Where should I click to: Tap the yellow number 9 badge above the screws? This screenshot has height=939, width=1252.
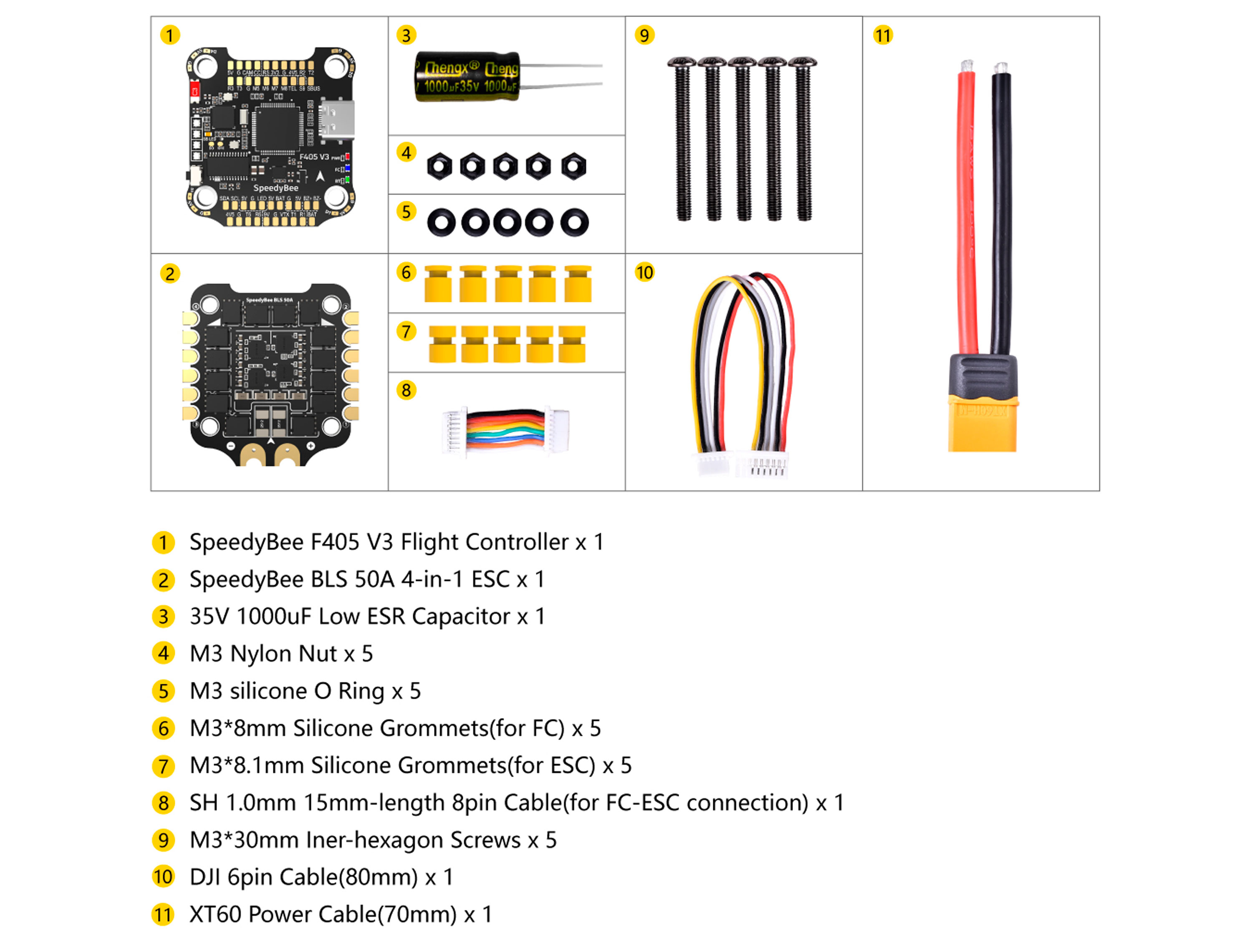coord(644,35)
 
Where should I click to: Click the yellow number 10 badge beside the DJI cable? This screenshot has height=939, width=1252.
coord(644,272)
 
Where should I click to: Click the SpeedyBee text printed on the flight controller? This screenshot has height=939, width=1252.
coord(275,188)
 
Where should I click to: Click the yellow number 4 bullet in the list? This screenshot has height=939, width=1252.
coord(164,654)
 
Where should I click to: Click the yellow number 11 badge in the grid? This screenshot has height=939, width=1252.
coord(882,35)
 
